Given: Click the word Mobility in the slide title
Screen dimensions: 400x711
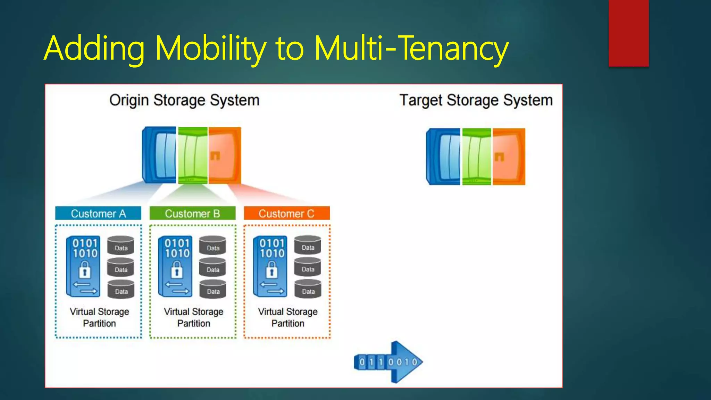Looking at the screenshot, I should tap(210, 49).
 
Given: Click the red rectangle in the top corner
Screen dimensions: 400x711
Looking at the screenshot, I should tap(628, 33).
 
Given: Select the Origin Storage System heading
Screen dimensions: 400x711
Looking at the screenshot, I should tap(184, 100).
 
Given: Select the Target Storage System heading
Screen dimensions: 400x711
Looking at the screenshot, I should tap(476, 100).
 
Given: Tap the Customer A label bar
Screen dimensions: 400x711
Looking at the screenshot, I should tap(98, 213).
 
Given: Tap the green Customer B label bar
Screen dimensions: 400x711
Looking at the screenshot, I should tap(192, 213).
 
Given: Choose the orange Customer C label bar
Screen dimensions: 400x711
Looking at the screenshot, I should tap(286, 213).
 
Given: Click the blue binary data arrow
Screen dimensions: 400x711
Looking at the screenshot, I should tap(389, 362).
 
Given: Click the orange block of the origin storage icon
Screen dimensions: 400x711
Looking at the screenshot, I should tap(224, 156).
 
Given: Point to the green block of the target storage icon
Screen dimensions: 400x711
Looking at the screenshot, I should tap(476, 157).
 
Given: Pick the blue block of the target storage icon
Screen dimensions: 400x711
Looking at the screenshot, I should tap(444, 157).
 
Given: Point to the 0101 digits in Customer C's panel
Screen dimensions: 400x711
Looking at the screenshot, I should tap(272, 243).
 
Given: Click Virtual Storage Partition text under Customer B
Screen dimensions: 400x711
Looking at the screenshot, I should tap(193, 317).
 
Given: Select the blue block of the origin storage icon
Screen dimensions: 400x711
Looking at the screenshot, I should tap(159, 155).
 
